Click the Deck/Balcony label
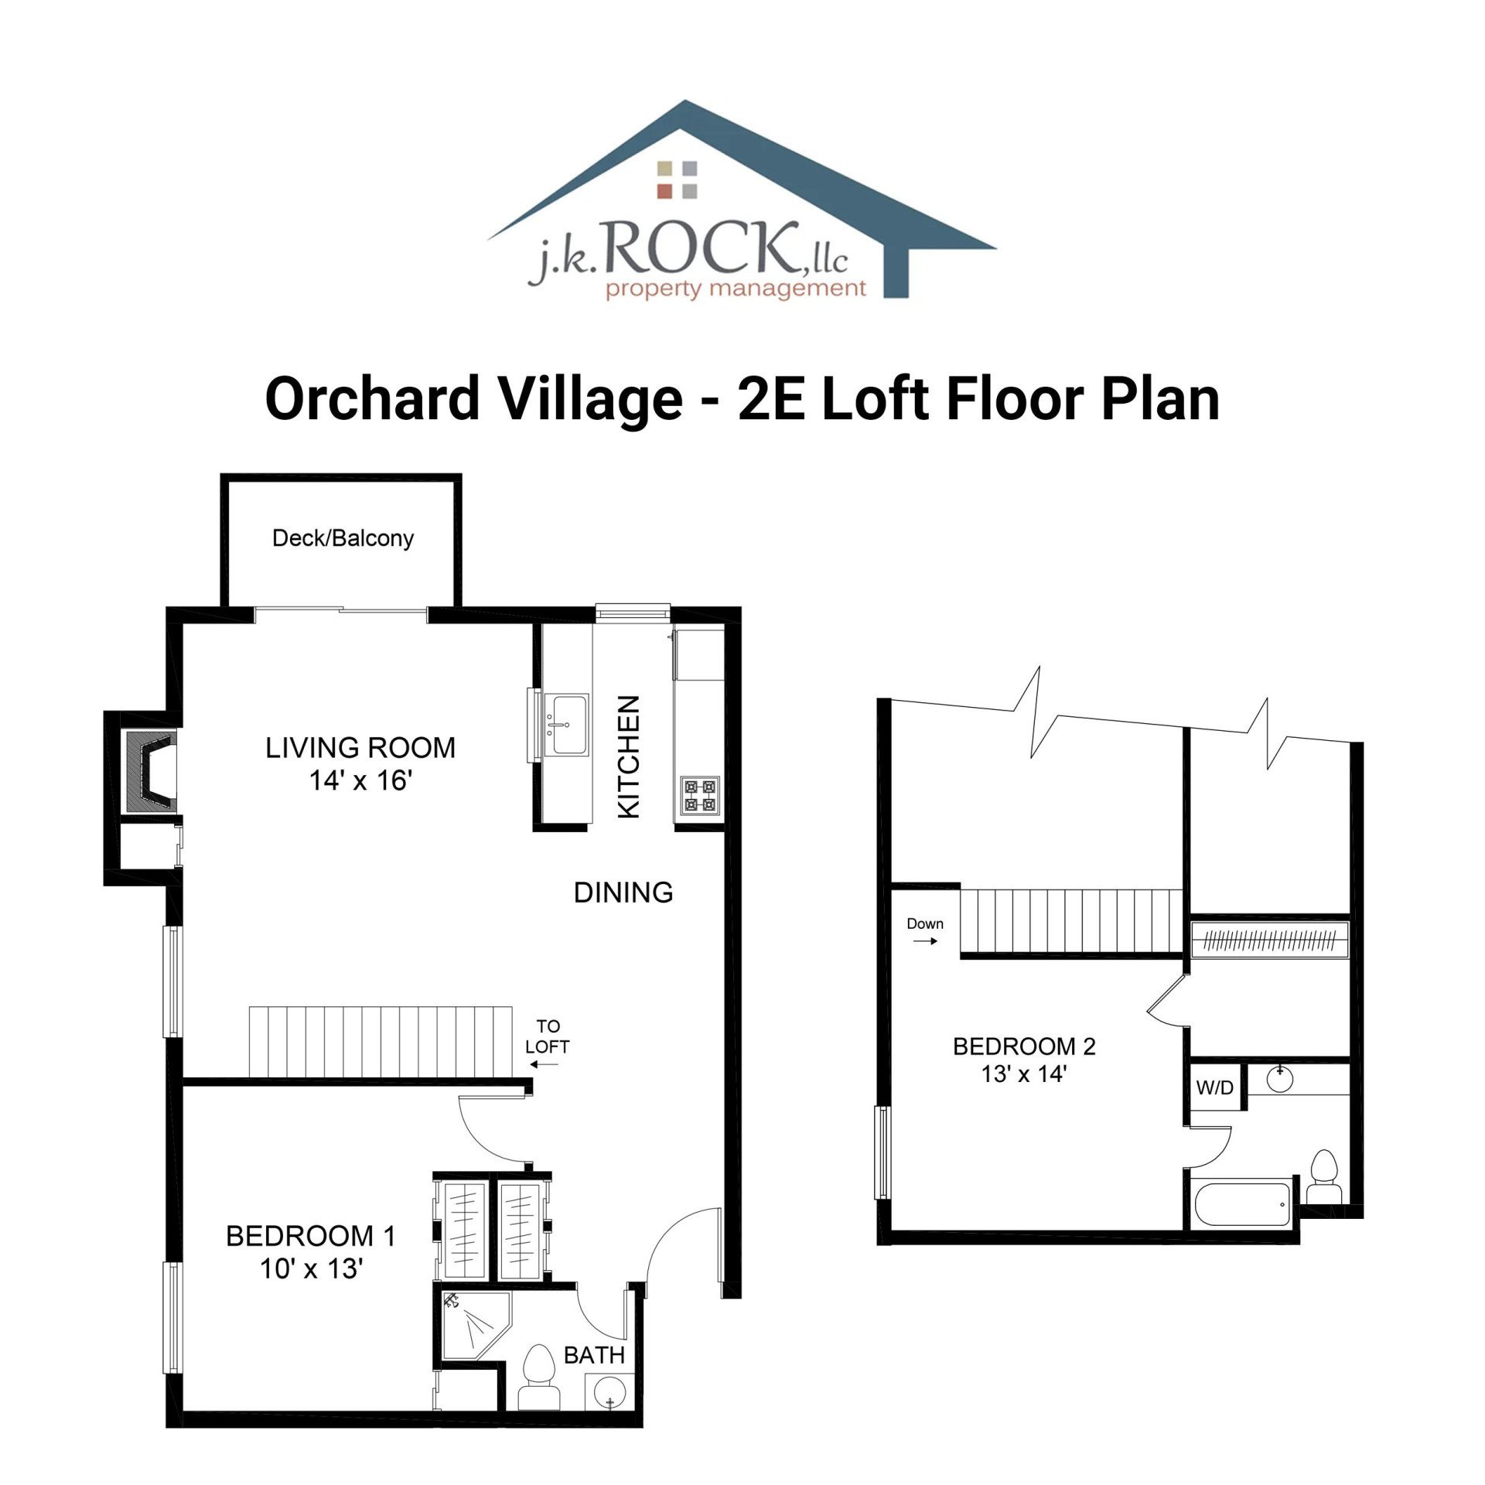point(343,538)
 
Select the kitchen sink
point(566,724)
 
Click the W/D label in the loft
point(1214,1088)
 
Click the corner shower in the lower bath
point(473,1326)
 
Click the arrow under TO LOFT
point(545,1064)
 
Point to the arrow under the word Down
point(925,941)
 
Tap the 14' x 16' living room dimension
point(360,780)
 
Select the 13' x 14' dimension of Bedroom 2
point(1023,1074)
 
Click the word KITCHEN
point(629,756)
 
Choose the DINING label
point(623,893)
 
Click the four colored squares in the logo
point(677,179)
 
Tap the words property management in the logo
point(735,289)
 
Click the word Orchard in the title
point(372,398)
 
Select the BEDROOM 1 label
point(310,1236)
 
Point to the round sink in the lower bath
point(608,1395)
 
